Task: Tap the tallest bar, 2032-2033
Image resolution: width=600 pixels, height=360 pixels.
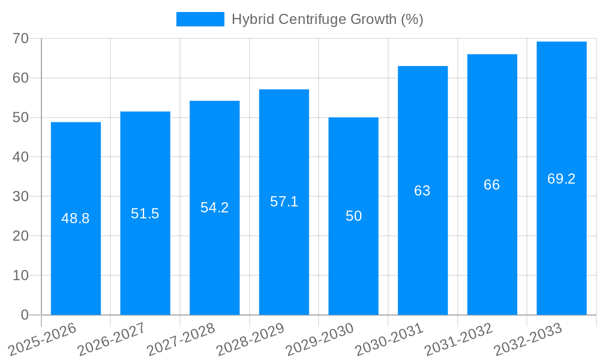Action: click(x=562, y=240)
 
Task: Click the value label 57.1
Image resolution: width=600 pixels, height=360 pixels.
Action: click(x=284, y=202)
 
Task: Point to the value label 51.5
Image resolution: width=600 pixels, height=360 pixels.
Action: click(x=145, y=214)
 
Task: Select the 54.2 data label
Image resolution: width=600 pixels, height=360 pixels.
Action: click(x=214, y=208)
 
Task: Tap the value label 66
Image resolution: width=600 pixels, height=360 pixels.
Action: click(x=492, y=185)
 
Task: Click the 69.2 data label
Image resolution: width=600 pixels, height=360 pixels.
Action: click(x=562, y=179)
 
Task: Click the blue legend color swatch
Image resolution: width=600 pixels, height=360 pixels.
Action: click(x=200, y=19)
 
